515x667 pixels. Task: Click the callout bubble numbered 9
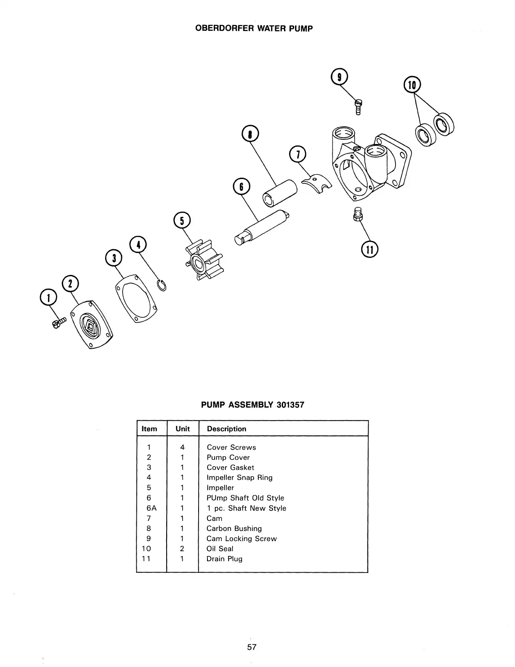pyautogui.click(x=339, y=77)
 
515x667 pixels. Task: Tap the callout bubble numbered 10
pyautogui.click(x=412, y=85)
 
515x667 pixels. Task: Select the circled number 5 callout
pyautogui.click(x=182, y=220)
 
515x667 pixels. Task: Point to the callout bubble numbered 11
pyautogui.click(x=369, y=249)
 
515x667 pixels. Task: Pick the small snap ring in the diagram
pyautogui.click(x=162, y=285)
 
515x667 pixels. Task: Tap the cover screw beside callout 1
pyautogui.click(x=58, y=323)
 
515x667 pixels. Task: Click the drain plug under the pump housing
pyautogui.click(x=357, y=214)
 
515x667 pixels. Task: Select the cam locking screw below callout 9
pyautogui.click(x=358, y=106)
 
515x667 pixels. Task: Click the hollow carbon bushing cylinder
pyautogui.click(x=279, y=193)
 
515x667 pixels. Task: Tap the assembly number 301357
pyautogui.click(x=290, y=405)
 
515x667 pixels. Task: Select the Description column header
pyautogui.click(x=226, y=429)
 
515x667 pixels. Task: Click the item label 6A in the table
pyautogui.click(x=151, y=508)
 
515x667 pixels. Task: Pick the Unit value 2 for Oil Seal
pyautogui.click(x=182, y=549)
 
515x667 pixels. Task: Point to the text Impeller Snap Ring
pyautogui.click(x=239, y=478)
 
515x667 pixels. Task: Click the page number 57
pyautogui.click(x=252, y=647)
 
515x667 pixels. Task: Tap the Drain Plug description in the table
pyautogui.click(x=224, y=559)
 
